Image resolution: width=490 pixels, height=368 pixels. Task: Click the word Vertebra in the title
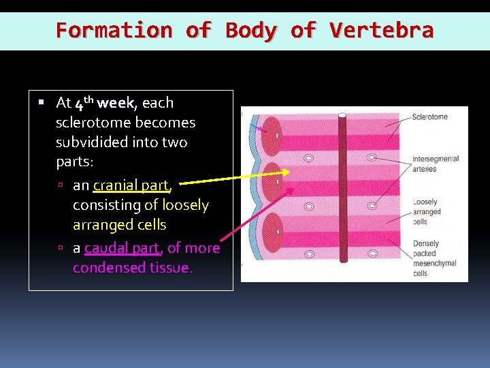click(x=381, y=31)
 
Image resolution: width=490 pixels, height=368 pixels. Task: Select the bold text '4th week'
click(x=105, y=104)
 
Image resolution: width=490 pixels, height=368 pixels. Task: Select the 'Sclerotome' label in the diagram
click(x=430, y=117)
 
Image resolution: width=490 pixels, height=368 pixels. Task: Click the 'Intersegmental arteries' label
click(x=436, y=164)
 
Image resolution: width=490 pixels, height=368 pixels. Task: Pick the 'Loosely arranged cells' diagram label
click(x=427, y=211)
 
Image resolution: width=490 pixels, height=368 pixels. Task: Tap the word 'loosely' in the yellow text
click(x=185, y=205)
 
